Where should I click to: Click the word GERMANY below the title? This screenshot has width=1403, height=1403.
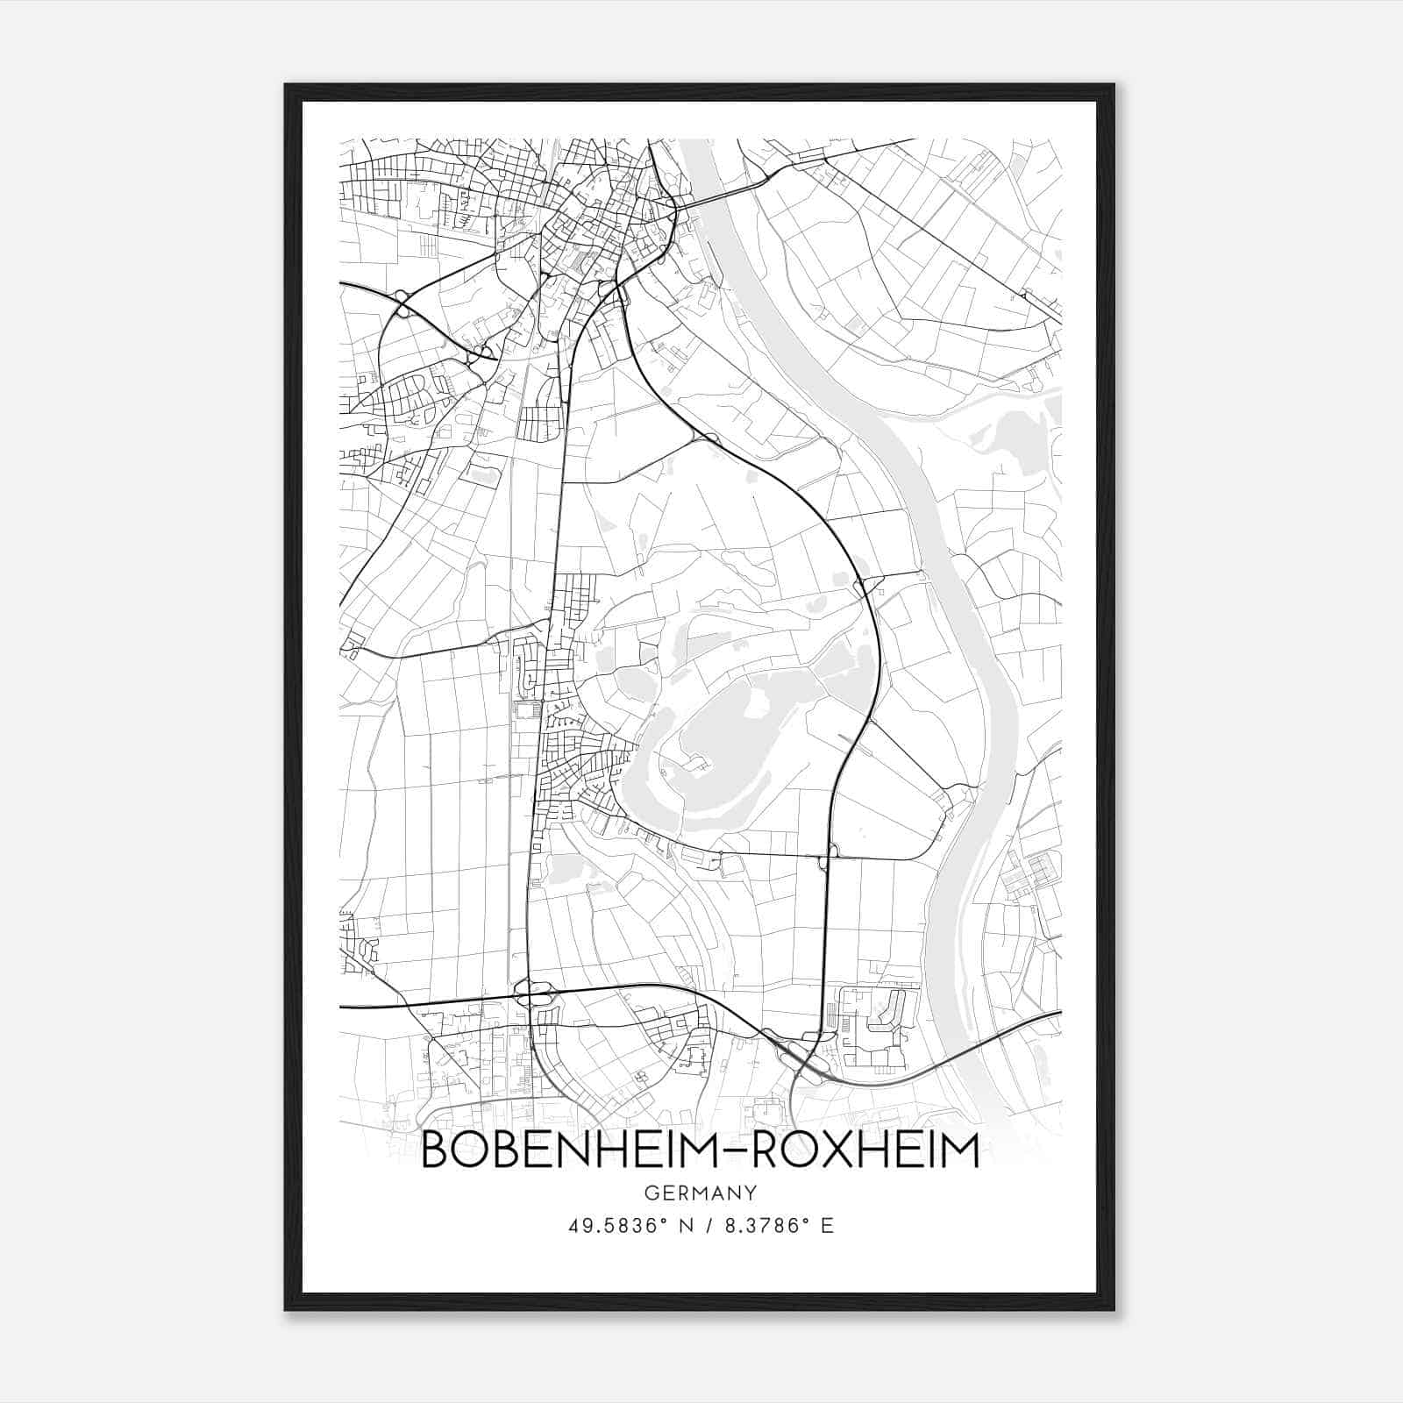click(701, 1193)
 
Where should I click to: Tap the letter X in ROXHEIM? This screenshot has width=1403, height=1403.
click(822, 1150)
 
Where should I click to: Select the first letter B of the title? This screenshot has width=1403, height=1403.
click(437, 1150)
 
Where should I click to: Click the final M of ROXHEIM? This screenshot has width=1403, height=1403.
click(960, 1150)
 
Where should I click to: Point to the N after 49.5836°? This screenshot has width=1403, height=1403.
click(687, 1226)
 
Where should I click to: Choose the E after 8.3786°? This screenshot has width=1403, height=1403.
click(826, 1226)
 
